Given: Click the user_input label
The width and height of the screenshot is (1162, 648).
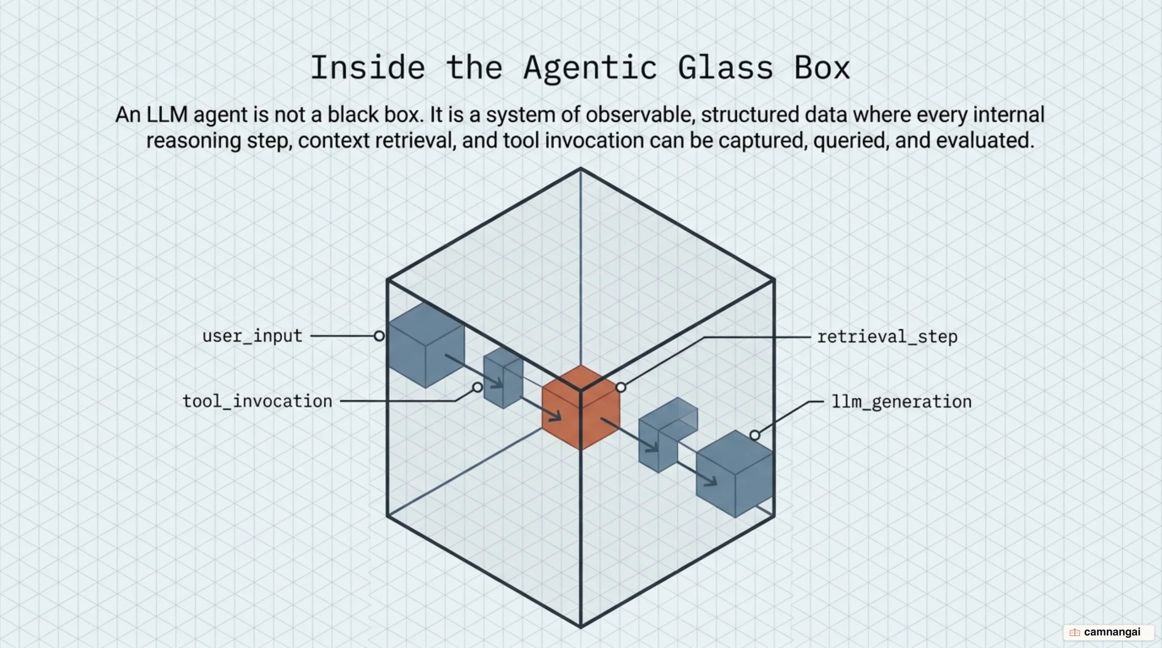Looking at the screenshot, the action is pos(252,336).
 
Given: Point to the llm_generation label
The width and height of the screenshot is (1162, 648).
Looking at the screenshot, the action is pos(901,401).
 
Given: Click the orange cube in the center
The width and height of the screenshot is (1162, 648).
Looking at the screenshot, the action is pos(580,408).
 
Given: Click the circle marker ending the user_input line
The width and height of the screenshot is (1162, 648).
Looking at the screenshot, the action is pos(379,336).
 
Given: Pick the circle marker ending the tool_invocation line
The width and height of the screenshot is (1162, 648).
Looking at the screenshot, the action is pos(477,387).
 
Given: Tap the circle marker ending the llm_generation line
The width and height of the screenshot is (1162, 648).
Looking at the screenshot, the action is pos(755,435).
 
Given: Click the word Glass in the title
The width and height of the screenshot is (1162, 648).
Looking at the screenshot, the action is pos(726,68).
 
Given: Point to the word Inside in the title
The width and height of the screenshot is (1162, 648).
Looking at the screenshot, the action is pos(368,68).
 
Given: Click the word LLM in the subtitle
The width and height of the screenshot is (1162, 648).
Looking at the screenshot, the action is pos(167,115).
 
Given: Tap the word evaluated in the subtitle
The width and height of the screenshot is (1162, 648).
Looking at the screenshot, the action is pos(985,140).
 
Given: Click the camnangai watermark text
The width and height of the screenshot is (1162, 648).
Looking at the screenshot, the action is pos(1112,632).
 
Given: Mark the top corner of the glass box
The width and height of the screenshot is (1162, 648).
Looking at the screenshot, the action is pos(580,168).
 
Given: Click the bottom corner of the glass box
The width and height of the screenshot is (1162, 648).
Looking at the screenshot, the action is pos(580,627).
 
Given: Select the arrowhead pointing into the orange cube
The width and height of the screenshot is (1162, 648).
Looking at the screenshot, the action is pos(555,416).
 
